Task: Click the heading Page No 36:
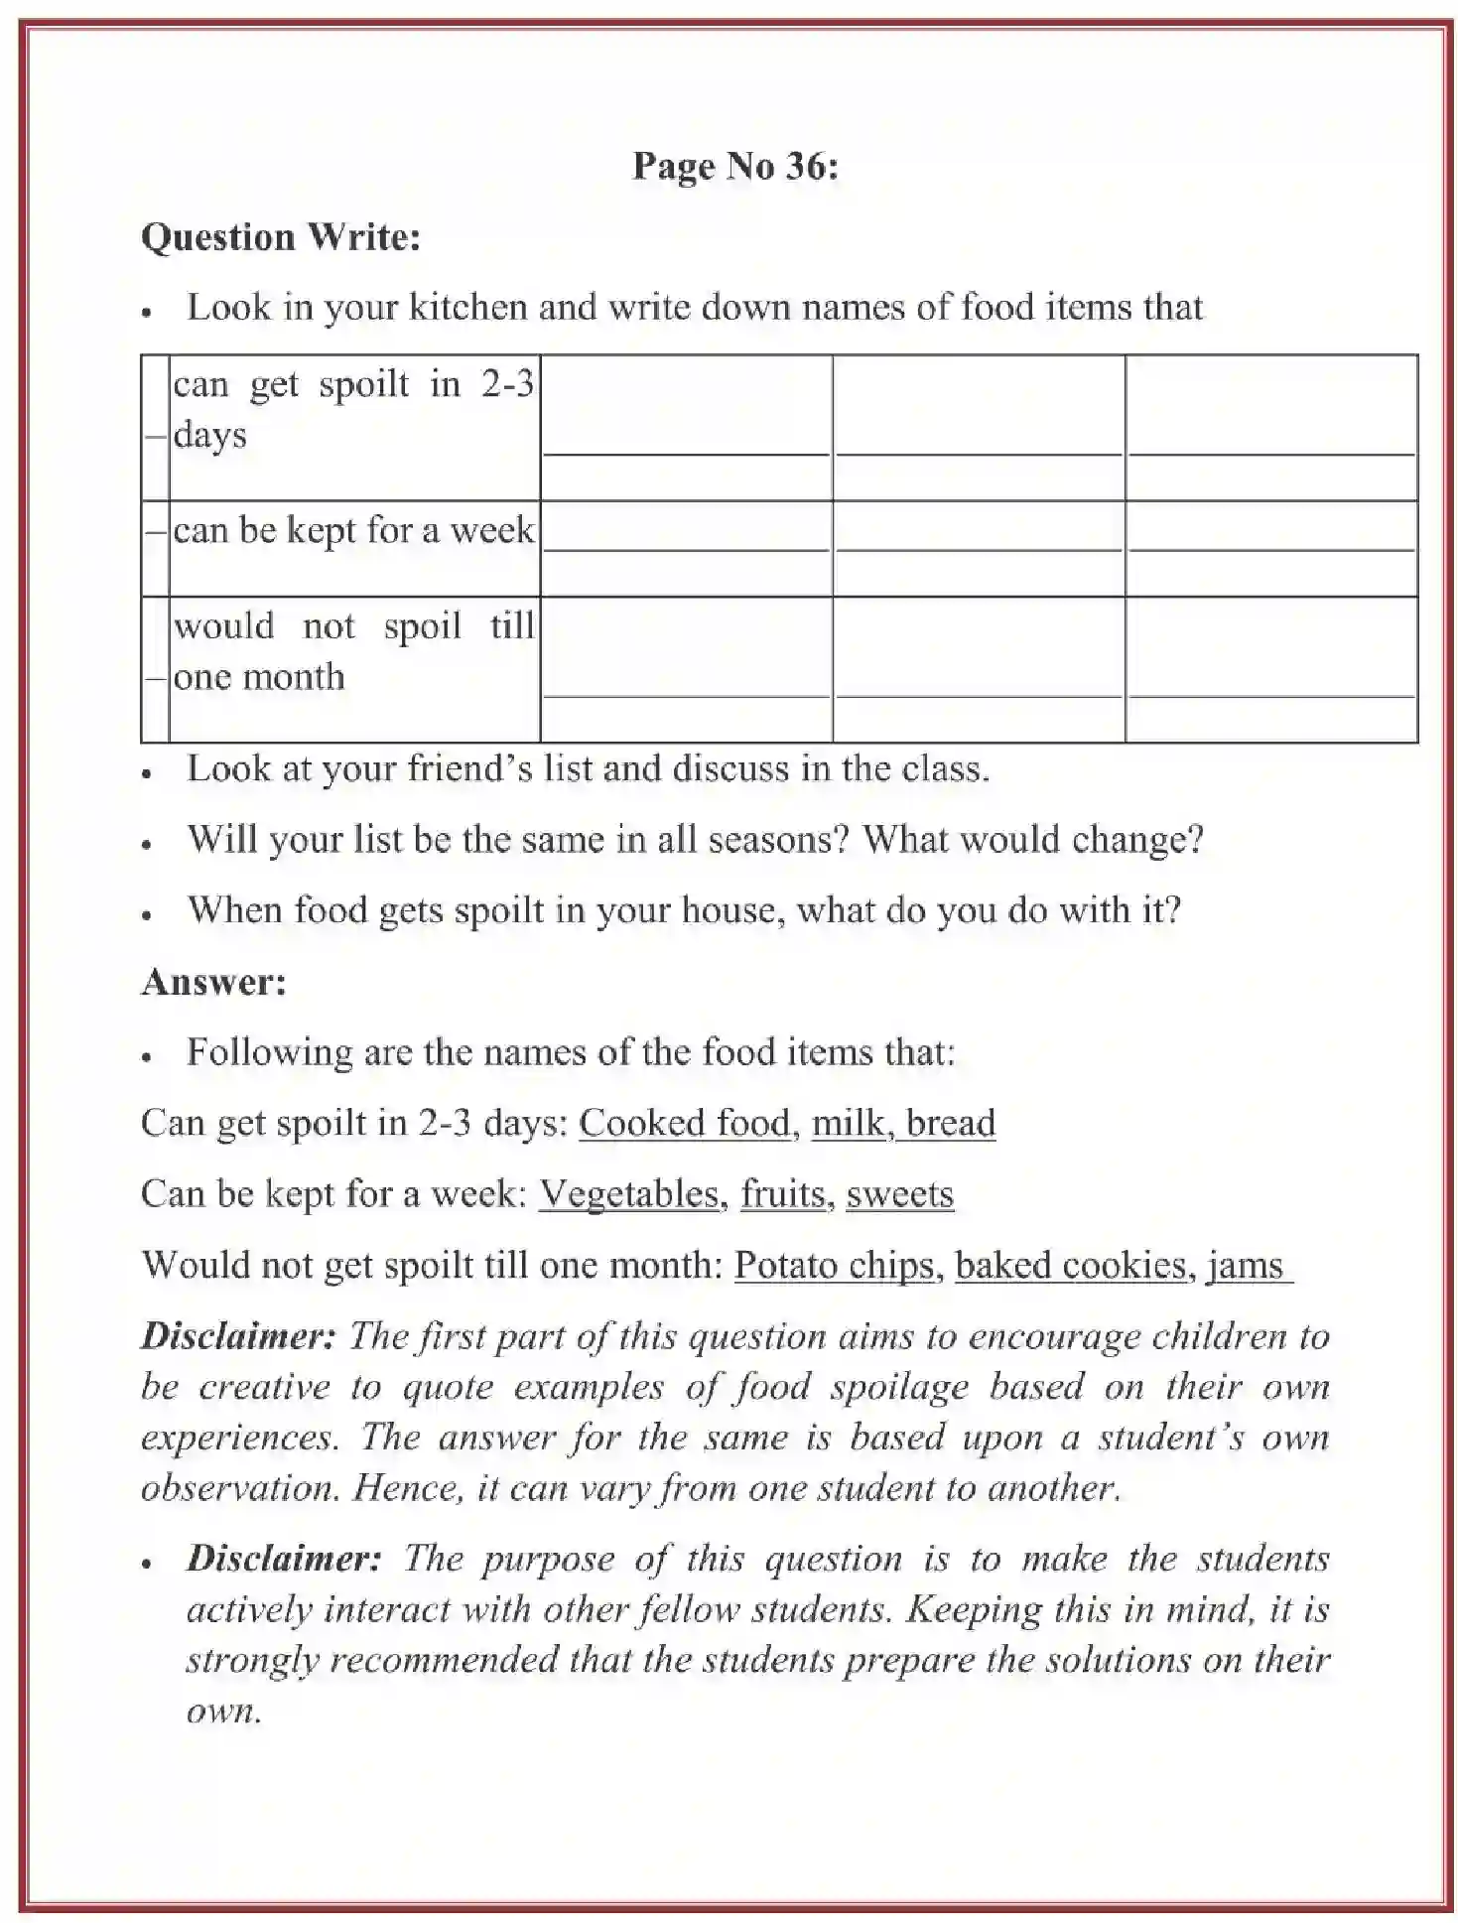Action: click(734, 166)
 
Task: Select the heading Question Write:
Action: click(281, 237)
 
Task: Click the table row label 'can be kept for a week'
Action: click(353, 530)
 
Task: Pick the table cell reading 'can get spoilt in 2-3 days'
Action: click(353, 409)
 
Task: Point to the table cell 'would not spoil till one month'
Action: click(353, 651)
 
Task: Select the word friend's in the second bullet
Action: click(465, 769)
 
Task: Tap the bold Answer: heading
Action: click(213, 982)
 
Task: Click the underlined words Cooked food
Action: click(685, 1123)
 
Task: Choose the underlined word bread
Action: click(950, 1123)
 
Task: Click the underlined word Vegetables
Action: click(629, 1193)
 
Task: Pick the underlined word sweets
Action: click(899, 1193)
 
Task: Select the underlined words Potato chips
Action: click(834, 1266)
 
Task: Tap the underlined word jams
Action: click(1246, 1266)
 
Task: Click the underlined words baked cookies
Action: click(1071, 1266)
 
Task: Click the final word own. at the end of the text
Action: click(223, 1712)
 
